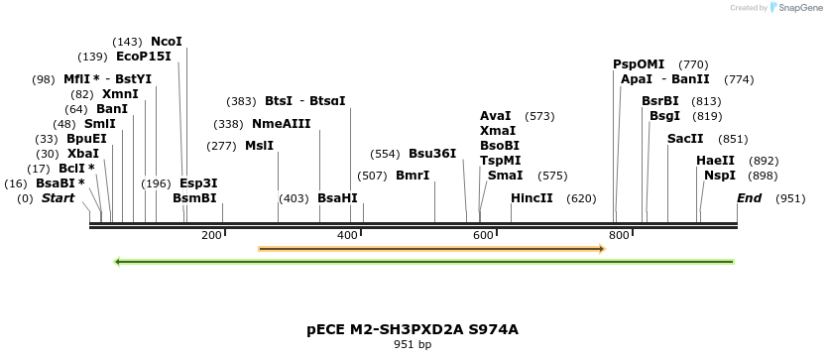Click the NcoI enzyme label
(x=167, y=42)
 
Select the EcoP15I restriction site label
(x=144, y=57)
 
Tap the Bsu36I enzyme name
(x=432, y=154)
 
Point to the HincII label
(x=532, y=198)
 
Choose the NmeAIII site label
(x=282, y=124)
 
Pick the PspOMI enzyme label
(x=639, y=64)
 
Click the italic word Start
(x=58, y=198)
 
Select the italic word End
(x=749, y=198)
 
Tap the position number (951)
(x=790, y=198)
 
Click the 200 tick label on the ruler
(x=211, y=235)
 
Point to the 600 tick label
(x=483, y=235)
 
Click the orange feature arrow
(x=431, y=249)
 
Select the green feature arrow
(x=424, y=262)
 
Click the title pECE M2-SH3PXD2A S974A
(x=413, y=329)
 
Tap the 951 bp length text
(x=413, y=345)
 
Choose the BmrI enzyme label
(x=413, y=176)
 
